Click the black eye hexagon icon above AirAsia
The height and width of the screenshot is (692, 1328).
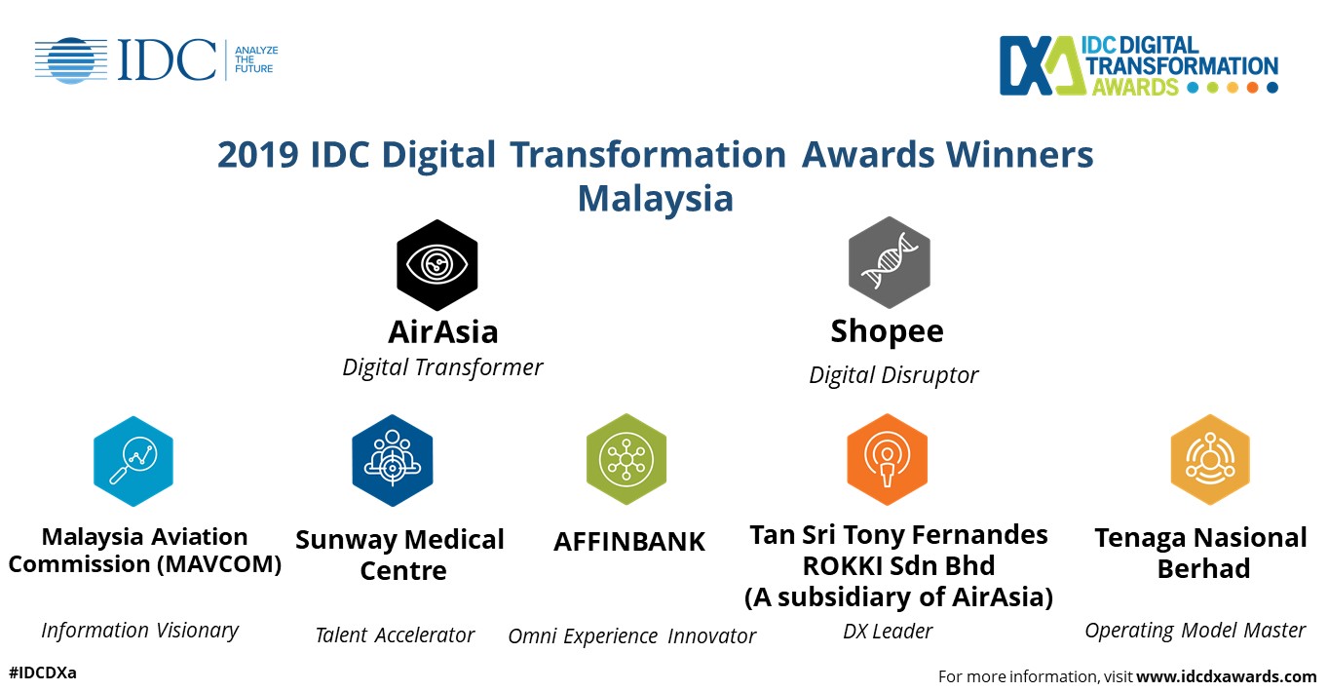point(436,265)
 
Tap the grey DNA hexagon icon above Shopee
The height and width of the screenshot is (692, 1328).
point(890,262)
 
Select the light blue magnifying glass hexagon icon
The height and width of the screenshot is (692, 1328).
point(133,461)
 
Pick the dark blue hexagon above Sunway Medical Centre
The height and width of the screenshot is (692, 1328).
point(392,460)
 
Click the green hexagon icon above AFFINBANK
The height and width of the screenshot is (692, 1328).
point(626,460)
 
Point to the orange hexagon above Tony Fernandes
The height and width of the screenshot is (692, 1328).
point(887,460)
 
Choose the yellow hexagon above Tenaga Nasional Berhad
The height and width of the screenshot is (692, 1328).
point(1210,460)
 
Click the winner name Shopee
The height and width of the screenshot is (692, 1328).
point(887,331)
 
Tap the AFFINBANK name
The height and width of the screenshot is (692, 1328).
point(629,541)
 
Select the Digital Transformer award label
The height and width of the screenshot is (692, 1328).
point(442,367)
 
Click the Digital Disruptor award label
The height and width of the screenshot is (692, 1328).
point(893,375)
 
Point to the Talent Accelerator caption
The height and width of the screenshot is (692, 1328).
point(395,635)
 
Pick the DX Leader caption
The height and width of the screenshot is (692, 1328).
point(888,632)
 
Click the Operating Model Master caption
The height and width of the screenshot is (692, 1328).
point(1195,631)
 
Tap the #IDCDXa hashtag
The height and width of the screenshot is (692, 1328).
point(43,673)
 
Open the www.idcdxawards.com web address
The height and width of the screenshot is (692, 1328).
point(1226,676)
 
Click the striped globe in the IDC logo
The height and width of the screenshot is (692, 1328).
point(71,60)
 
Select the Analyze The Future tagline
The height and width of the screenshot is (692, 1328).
point(256,59)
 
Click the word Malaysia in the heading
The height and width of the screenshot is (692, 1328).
point(656,198)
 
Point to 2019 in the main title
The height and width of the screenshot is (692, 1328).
point(258,155)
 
